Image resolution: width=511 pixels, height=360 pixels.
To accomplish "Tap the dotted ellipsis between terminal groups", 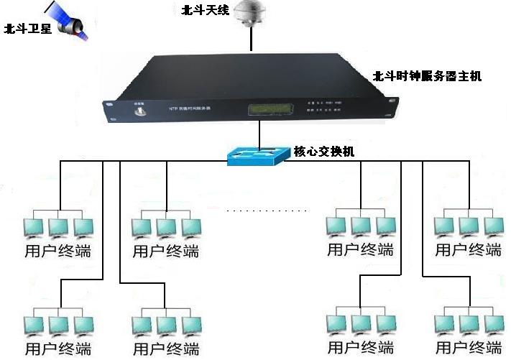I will point(266,211).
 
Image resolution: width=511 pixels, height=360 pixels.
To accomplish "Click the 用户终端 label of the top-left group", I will point(57,251).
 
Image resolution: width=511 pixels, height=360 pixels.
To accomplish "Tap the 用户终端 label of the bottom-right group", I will point(469,349).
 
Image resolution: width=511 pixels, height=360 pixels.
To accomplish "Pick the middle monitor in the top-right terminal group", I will point(469,226).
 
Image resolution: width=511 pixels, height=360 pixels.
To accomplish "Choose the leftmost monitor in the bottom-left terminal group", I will point(34,325).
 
